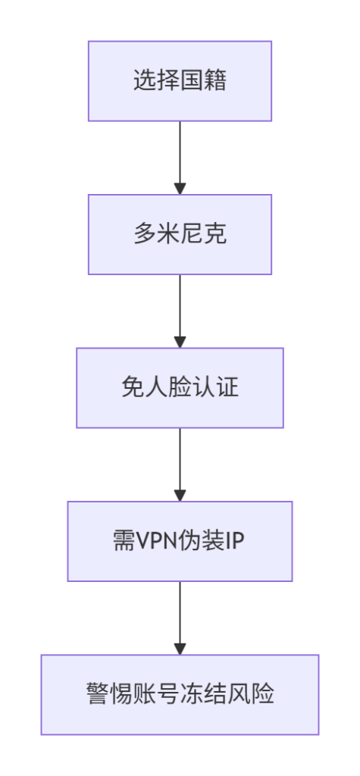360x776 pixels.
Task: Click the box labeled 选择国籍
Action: tap(180, 81)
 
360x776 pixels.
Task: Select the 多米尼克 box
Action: tap(180, 234)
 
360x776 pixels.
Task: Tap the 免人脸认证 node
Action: tap(180, 388)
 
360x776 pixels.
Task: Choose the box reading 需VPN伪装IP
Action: tap(180, 541)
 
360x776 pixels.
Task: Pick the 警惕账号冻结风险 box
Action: tap(180, 694)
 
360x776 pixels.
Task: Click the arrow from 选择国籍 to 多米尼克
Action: tap(180, 155)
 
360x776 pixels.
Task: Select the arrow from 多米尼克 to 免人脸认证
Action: tap(180, 309)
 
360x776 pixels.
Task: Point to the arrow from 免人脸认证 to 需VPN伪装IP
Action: tap(180, 462)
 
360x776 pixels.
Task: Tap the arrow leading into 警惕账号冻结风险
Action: tap(180, 615)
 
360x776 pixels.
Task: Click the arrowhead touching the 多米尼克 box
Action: tap(180, 189)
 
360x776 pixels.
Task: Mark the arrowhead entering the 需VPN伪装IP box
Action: tap(180, 495)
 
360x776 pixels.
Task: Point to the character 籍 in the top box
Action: tap(215, 81)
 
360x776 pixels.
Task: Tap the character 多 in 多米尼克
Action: tap(145, 235)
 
